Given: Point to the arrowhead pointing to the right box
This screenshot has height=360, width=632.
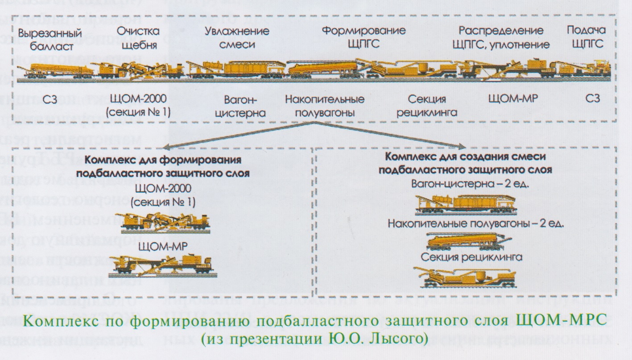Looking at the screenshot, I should click(463, 145).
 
